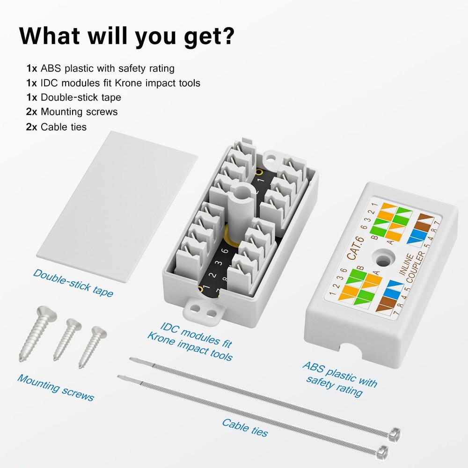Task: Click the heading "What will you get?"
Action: (126, 36)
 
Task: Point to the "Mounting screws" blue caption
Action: (56, 387)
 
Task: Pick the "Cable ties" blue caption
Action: (245, 427)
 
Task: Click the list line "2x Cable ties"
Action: (56, 126)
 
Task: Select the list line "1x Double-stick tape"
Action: (73, 97)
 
